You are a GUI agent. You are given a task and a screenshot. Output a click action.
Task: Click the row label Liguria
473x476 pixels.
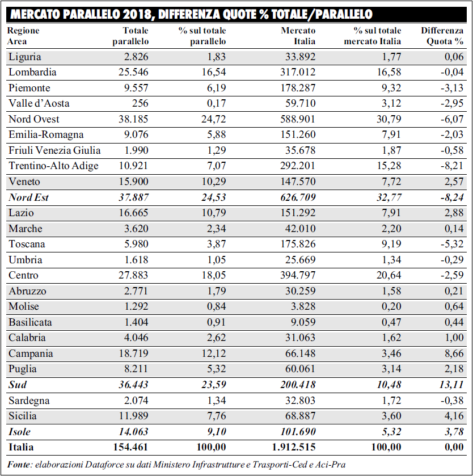point(24,57)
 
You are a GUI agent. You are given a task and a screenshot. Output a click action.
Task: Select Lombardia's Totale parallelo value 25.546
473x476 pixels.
point(133,72)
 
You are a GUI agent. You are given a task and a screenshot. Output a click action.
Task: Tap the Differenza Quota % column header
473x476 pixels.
point(442,36)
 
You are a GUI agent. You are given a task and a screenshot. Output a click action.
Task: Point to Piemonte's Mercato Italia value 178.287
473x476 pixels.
point(298,88)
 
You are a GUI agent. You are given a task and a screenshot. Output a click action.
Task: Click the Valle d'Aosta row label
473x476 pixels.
point(39,103)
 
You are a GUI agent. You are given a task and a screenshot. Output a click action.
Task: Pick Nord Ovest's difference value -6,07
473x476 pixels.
point(452,119)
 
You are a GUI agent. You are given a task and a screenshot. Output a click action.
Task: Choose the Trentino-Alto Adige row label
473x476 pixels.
point(53,166)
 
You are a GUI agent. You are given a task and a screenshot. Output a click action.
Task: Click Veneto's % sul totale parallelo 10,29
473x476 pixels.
point(214,182)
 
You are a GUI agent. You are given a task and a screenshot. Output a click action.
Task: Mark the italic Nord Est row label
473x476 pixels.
point(28,197)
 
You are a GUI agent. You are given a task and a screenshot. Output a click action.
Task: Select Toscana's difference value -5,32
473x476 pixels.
point(452,244)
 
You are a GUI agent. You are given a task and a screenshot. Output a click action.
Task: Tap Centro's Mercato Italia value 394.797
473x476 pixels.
point(298,275)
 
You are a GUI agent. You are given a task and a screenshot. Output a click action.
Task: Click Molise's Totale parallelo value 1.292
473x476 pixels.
point(136,306)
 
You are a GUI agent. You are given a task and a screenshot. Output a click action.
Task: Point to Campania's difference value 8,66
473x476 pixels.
point(454,353)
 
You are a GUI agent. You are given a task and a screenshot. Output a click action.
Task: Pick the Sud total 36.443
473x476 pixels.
point(133,385)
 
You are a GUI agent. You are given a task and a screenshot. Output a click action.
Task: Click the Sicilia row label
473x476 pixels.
point(23,416)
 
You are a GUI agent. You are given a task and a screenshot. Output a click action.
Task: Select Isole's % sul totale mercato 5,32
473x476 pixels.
point(391,432)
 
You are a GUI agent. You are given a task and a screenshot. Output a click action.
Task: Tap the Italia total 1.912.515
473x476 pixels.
point(294,447)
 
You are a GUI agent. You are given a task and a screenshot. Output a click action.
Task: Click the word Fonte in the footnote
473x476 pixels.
point(19,465)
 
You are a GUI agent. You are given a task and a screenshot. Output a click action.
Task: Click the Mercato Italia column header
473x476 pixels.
point(298,36)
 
